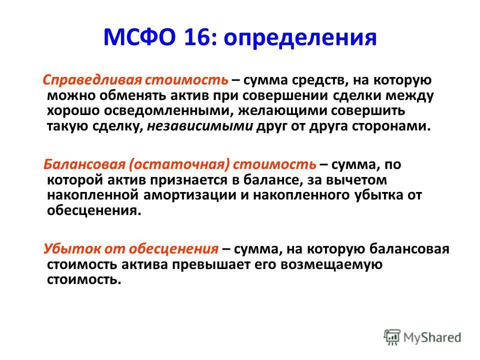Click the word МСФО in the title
pyautogui.click(x=139, y=37)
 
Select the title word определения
pyautogui.click(x=300, y=38)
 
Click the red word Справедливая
pyautogui.click(x=92, y=80)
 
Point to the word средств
pyautogui.click(x=320, y=80)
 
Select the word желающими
pyautogui.click(x=278, y=111)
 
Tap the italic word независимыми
pyautogui.click(x=200, y=126)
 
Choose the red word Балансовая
pyautogui.click(x=84, y=164)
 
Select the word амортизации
pyautogui.click(x=190, y=195)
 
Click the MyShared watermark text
pyautogui.click(x=432, y=337)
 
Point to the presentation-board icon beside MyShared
pyautogui.click(x=392, y=337)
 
